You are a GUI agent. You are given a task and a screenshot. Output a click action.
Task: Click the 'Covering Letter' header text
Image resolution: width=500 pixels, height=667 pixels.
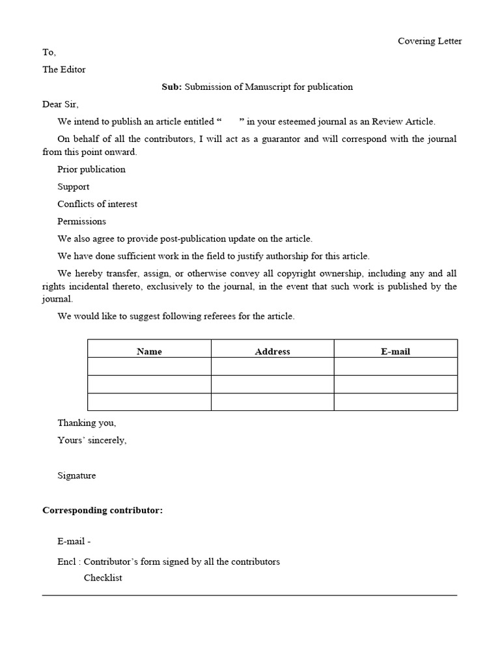tap(430, 41)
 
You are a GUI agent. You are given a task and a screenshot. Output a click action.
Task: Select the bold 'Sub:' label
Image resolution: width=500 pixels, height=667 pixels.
tap(172, 87)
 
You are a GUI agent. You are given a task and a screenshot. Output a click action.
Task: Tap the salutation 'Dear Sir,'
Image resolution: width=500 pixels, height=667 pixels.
tap(61, 104)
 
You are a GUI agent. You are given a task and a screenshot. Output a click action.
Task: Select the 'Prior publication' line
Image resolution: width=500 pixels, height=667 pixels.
tap(91, 169)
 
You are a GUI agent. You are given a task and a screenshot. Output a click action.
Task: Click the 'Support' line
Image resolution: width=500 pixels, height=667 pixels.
tap(74, 187)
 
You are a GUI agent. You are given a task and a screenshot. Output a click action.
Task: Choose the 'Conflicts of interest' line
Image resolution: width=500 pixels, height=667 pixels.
tap(97, 204)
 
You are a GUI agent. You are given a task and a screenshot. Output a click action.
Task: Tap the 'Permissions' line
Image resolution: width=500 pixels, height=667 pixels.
tap(81, 221)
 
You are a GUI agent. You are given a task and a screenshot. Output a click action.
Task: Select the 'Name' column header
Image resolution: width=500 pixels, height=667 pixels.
tap(149, 352)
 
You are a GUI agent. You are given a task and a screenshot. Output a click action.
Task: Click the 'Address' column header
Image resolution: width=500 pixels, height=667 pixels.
tap(272, 352)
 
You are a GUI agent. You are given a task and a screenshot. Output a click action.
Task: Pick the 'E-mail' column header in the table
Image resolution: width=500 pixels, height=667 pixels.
tap(395, 352)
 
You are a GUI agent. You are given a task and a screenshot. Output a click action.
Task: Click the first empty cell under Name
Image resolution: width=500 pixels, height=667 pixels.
tap(149, 367)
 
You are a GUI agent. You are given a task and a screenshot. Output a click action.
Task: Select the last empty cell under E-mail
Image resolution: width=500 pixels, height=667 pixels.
tap(395, 402)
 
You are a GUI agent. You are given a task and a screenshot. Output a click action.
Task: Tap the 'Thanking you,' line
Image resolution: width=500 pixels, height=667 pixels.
tap(87, 423)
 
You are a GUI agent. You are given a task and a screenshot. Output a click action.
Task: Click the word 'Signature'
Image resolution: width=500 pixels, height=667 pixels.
tap(76, 475)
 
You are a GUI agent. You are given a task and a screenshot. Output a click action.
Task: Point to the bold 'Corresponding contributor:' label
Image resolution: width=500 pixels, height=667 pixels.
tap(102, 510)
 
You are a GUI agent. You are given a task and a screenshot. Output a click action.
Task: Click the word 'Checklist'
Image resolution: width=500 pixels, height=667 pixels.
tap(103, 578)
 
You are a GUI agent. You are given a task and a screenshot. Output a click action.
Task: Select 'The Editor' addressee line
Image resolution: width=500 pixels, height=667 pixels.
tap(64, 70)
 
